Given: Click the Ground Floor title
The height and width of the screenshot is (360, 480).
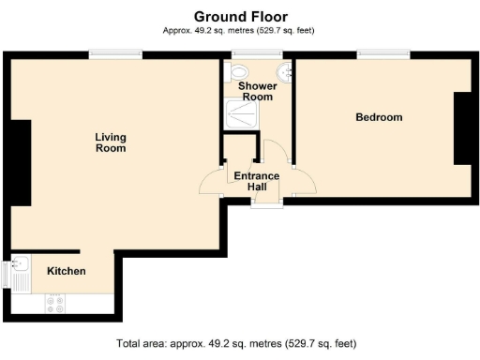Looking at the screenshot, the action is point(241,17).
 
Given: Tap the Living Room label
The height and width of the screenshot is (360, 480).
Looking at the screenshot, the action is point(111,142).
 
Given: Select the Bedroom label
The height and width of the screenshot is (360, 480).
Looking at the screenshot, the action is point(379,117).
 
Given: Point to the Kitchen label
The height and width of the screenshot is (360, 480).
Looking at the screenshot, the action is point(67,271).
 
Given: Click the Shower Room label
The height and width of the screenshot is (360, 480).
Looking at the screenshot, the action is point(258,91).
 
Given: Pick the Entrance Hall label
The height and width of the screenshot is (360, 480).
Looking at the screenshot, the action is point(257,181).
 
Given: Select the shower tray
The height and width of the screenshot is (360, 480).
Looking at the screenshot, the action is point(242,113).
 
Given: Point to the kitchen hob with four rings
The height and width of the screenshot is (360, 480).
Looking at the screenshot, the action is point(55,304).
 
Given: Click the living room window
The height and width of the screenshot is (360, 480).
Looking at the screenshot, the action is point(115,54).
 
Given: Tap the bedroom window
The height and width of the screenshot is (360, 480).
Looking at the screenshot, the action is point(383,54).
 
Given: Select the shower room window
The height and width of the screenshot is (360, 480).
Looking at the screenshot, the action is point(257,54).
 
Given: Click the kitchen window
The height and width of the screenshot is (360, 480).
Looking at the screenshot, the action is point(5,275).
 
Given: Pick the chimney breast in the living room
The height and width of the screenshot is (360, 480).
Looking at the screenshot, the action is point(21,163).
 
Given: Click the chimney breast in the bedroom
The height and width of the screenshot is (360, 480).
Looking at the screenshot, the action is point(462,128).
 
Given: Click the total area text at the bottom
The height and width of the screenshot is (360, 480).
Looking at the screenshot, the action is point(236,343).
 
